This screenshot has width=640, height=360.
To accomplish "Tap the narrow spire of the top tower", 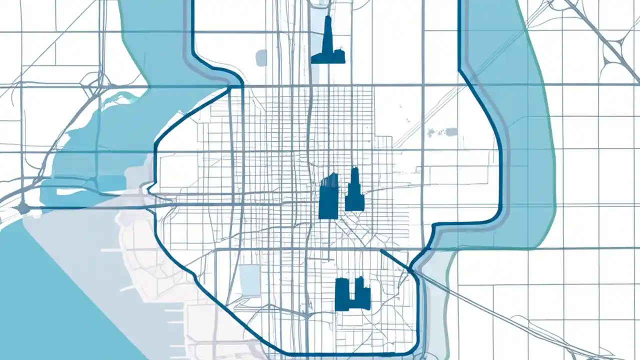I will coord(328,25).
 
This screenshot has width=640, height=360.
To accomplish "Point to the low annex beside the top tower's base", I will coord(338,56).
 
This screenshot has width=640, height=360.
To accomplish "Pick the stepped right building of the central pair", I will coord(354,192).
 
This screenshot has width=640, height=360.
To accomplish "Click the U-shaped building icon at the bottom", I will coord(352,294).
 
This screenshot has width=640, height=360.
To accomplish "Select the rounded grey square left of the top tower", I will coord(261,57).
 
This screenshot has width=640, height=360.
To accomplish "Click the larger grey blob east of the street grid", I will coord(451,132).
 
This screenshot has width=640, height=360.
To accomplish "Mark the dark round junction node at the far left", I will coord(22,207).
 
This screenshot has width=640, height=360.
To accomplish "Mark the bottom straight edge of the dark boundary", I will coord(340,354).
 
